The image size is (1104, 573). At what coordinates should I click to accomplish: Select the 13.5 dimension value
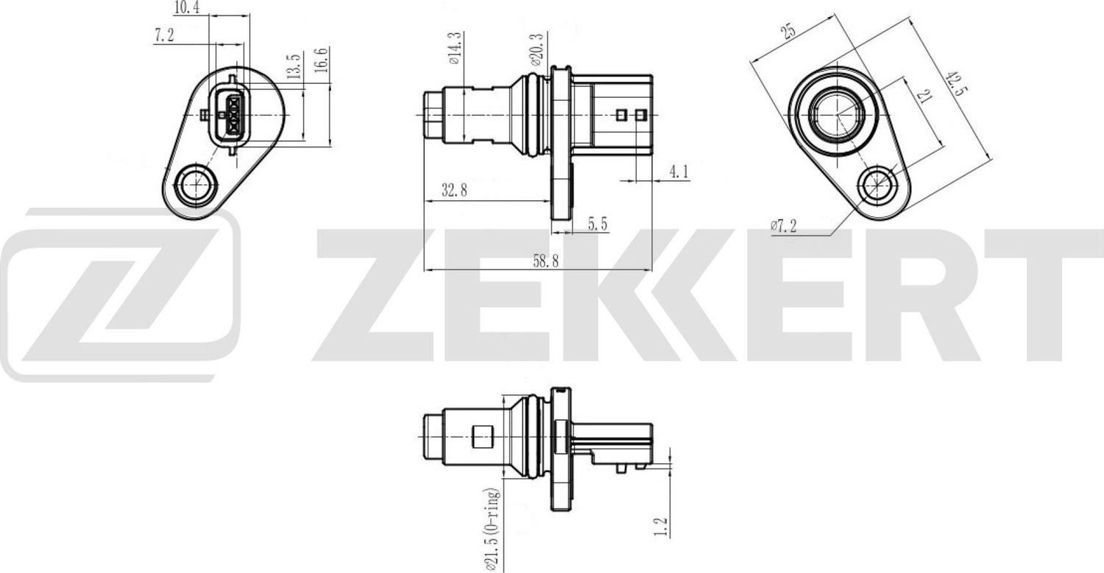pyautogui.click(x=294, y=66)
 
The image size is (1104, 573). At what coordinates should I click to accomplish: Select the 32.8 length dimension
pyautogui.click(x=455, y=191)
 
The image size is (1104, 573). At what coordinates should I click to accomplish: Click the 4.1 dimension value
pyautogui.click(x=679, y=172)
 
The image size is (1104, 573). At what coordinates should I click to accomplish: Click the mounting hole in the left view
pyautogui.click(x=196, y=183)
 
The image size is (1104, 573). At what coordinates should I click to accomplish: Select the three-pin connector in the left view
pyautogui.click(x=230, y=114)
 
